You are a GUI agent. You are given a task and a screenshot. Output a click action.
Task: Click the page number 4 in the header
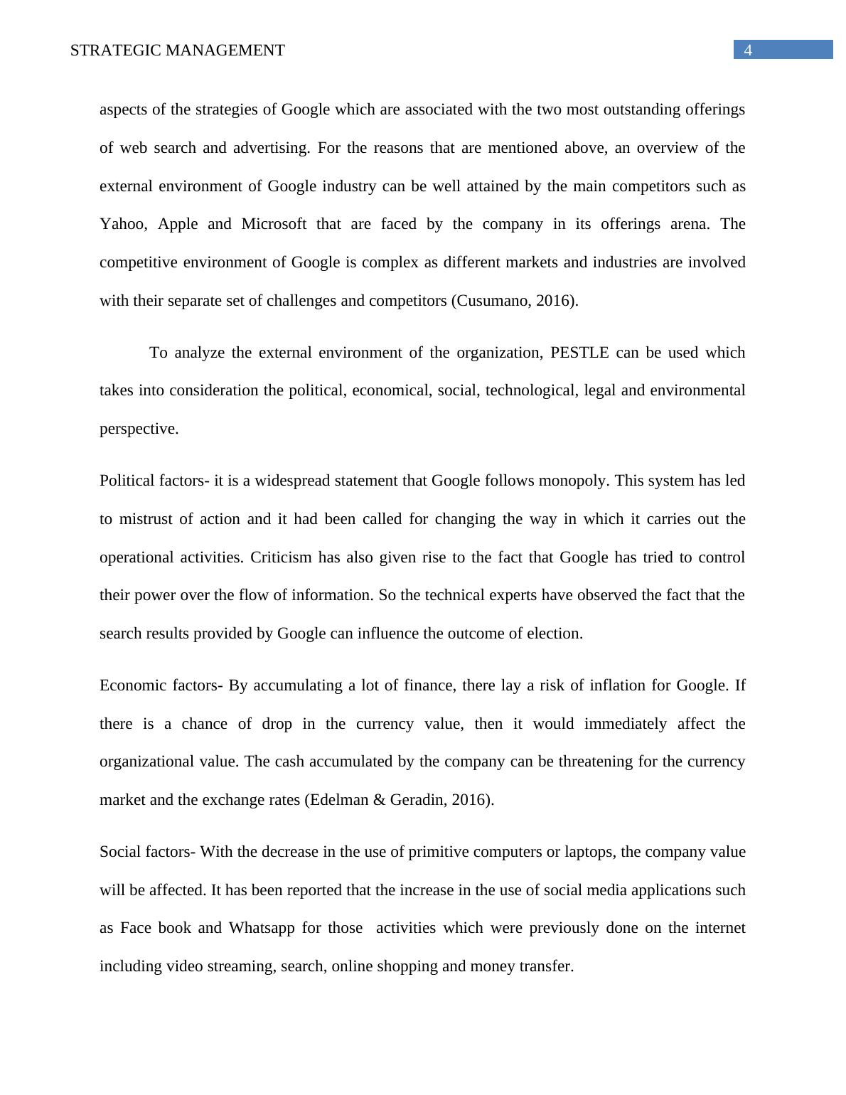click(748, 50)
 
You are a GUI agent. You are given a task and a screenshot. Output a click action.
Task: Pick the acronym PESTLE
click(579, 353)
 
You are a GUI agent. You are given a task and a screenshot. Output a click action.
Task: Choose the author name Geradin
click(417, 800)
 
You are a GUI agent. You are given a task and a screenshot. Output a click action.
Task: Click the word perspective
click(138, 429)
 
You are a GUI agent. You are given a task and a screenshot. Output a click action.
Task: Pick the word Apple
click(177, 224)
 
